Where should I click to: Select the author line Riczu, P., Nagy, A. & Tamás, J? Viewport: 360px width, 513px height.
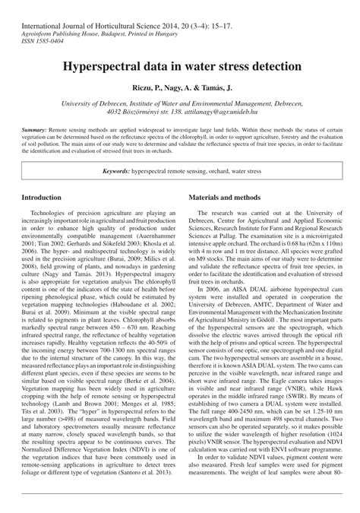point(180,88)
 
